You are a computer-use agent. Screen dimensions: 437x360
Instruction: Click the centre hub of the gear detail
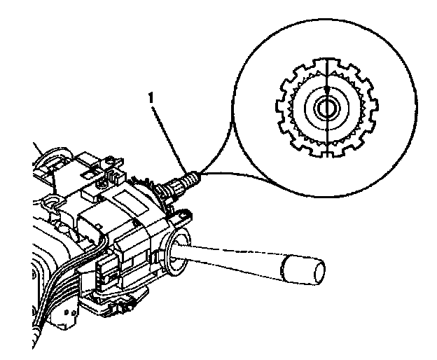[x=326, y=107]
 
